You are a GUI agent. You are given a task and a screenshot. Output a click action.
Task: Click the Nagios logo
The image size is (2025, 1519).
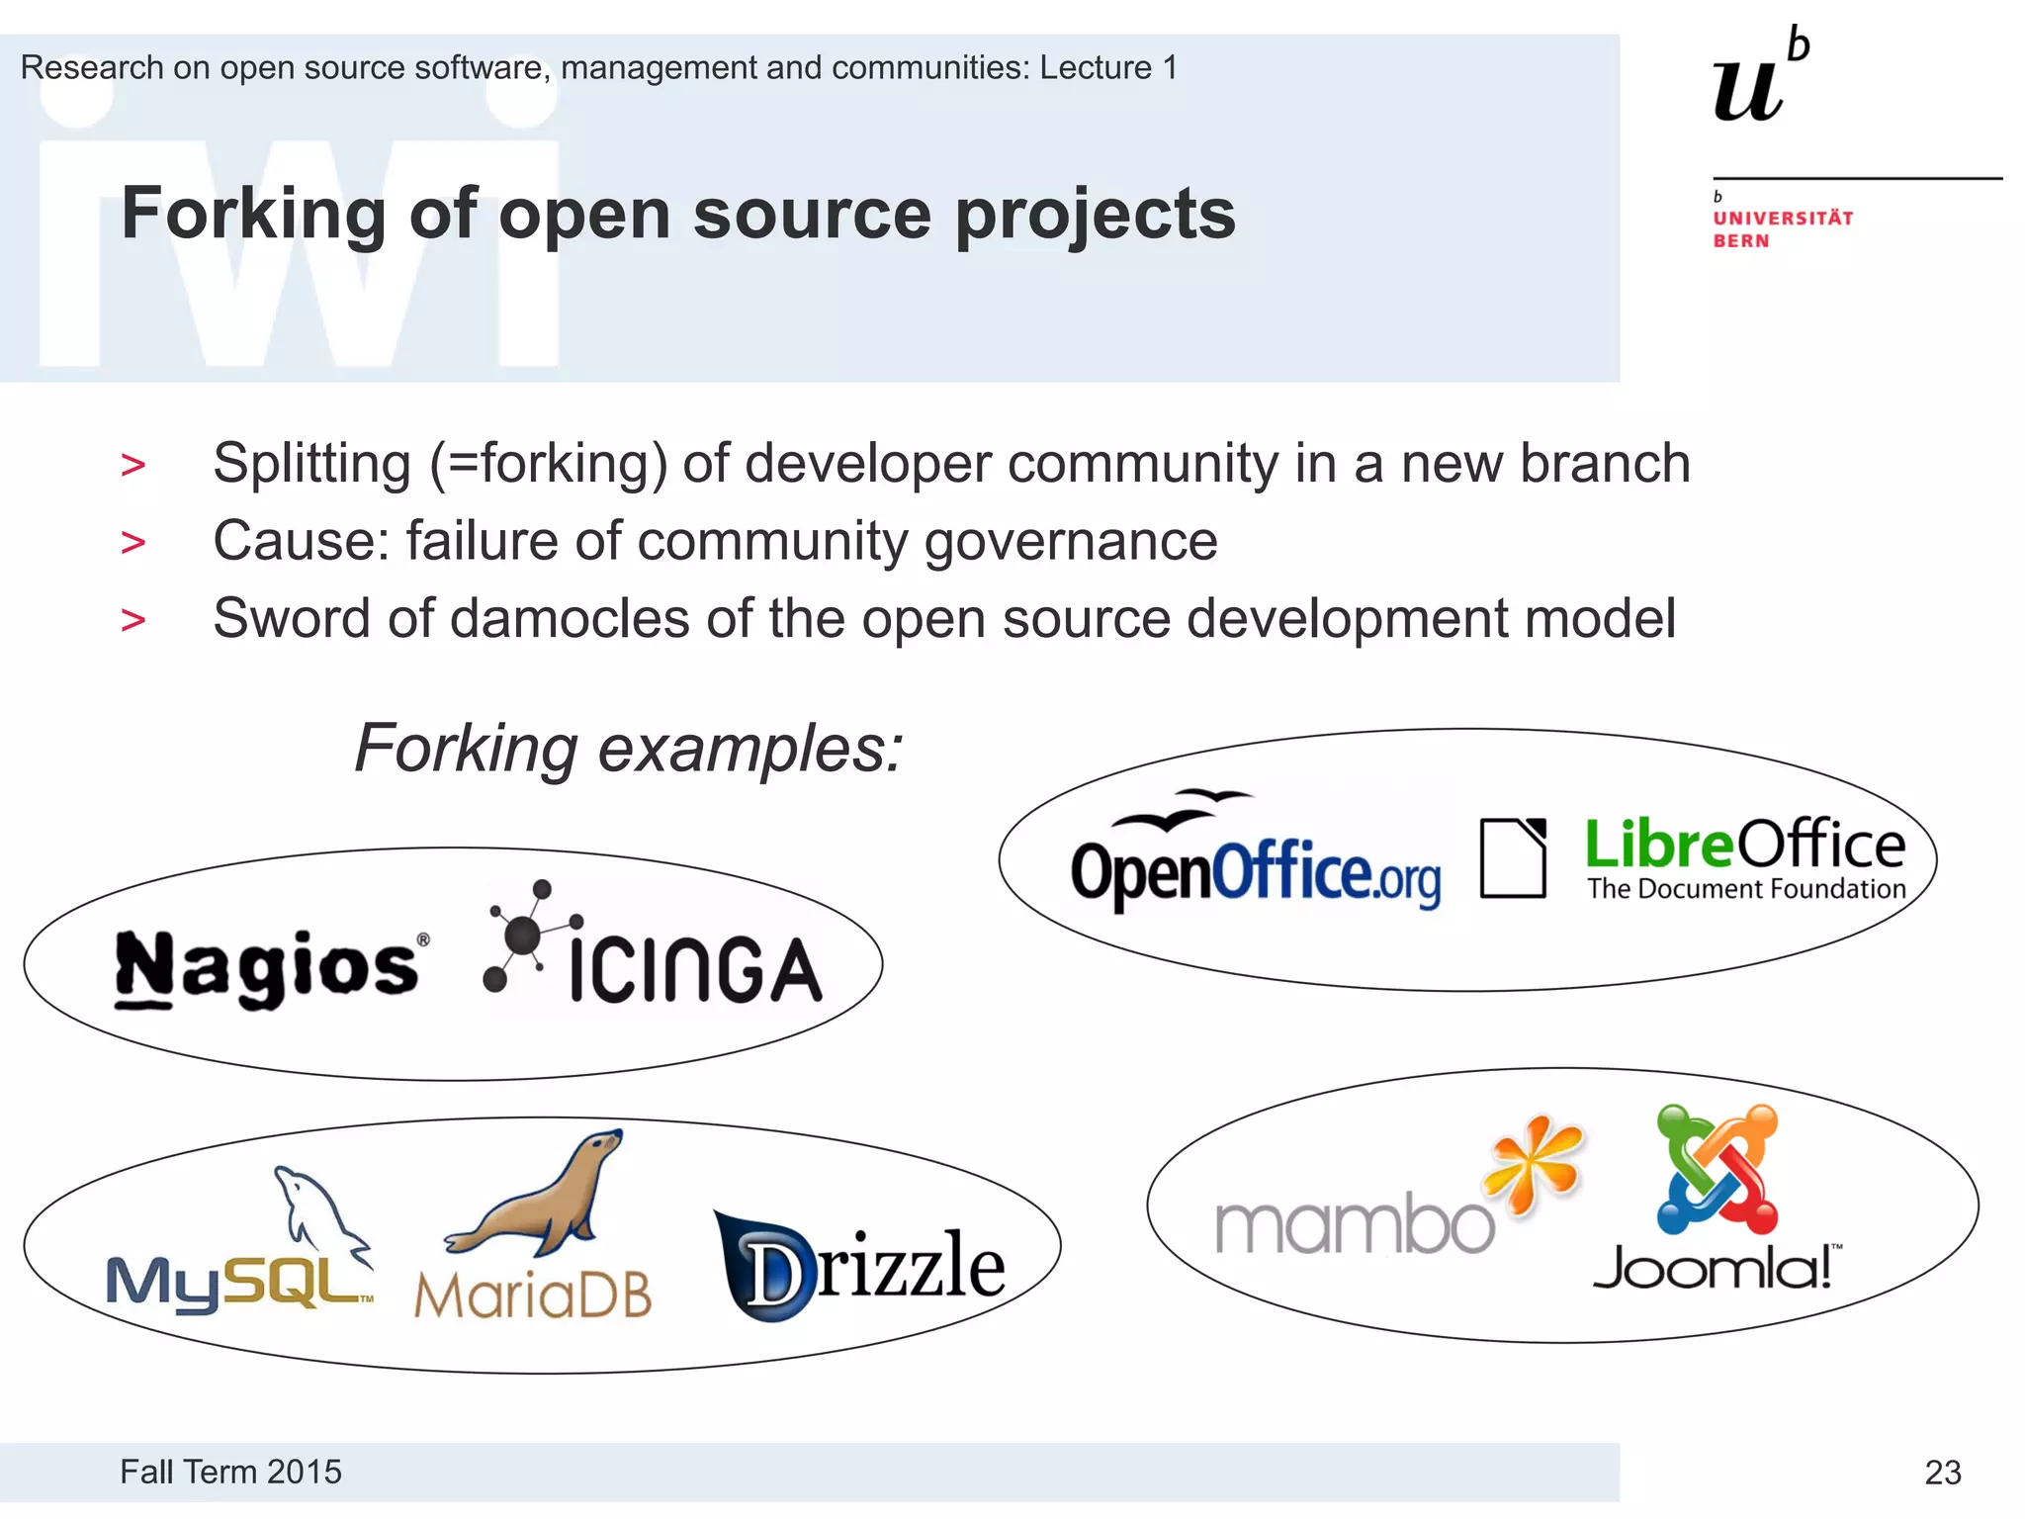pyautogui.click(x=268, y=968)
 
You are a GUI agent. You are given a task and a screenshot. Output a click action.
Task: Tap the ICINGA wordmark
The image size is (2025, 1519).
pyautogui.click(x=695, y=971)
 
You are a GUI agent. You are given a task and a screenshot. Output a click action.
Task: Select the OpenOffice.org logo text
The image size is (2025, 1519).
pyautogui.click(x=1255, y=871)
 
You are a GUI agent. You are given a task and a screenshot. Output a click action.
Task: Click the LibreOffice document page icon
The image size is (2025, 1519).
pyautogui.click(x=1513, y=857)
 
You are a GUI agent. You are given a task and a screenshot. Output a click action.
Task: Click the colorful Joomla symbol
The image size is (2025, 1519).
pyautogui.click(x=1717, y=1169)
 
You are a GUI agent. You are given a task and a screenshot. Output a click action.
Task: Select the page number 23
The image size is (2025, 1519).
pyautogui.click(x=1942, y=1473)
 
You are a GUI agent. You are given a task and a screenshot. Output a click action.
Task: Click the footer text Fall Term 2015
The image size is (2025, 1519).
pyautogui.click(x=230, y=1472)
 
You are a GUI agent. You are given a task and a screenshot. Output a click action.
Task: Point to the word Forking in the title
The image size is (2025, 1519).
pyautogui.click(x=253, y=214)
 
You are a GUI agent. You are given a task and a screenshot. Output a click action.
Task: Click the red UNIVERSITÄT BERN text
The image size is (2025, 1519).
pyautogui.click(x=1782, y=229)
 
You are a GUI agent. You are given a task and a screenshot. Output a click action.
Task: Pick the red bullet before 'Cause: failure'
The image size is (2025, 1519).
pyautogui.click(x=132, y=542)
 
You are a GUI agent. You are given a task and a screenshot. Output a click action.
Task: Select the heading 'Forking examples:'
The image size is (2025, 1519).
pyautogui.click(x=629, y=749)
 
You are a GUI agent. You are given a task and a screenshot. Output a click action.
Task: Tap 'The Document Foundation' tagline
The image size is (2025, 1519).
pyautogui.click(x=1746, y=889)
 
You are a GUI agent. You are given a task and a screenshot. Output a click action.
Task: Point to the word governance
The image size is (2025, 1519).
pyautogui.click(x=1070, y=542)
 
